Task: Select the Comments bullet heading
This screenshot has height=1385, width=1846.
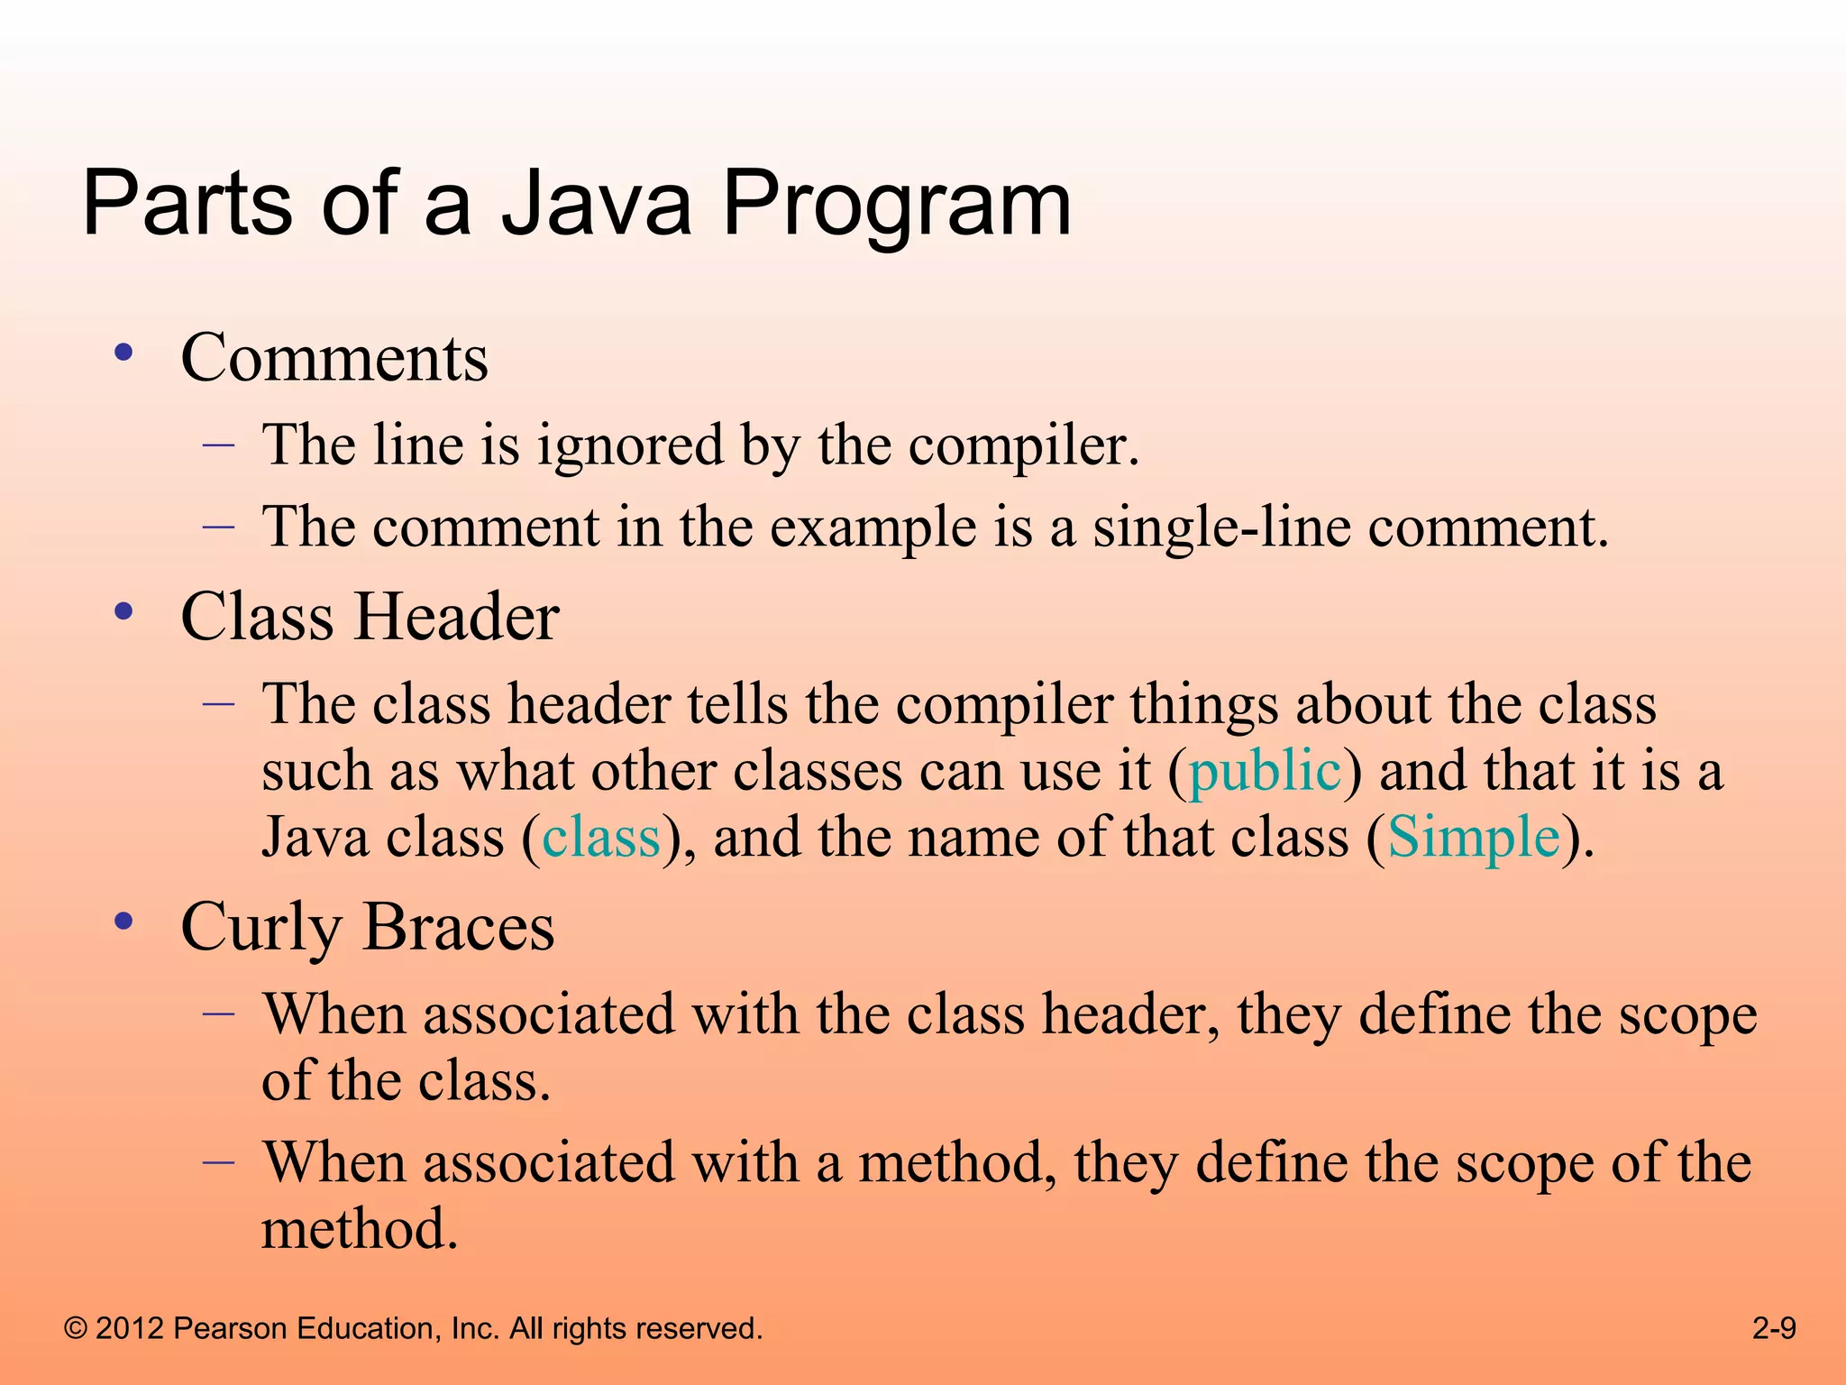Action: pos(334,358)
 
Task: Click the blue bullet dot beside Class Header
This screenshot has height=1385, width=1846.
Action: pos(124,612)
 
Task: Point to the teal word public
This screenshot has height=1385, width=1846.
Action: pos(1265,773)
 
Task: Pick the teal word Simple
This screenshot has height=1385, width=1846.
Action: pos(1474,838)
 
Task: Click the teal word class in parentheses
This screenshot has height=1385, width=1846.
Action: pos(601,838)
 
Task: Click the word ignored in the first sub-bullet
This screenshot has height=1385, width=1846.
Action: pos(630,445)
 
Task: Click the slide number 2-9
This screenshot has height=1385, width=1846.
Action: pos(1774,1328)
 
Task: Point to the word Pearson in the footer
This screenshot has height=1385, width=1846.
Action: pos(229,1328)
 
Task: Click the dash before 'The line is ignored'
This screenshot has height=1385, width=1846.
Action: pos(218,445)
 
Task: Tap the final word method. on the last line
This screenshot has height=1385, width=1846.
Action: pos(360,1229)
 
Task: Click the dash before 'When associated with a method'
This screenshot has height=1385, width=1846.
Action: pos(218,1161)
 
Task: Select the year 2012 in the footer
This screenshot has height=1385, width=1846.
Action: pos(129,1328)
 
